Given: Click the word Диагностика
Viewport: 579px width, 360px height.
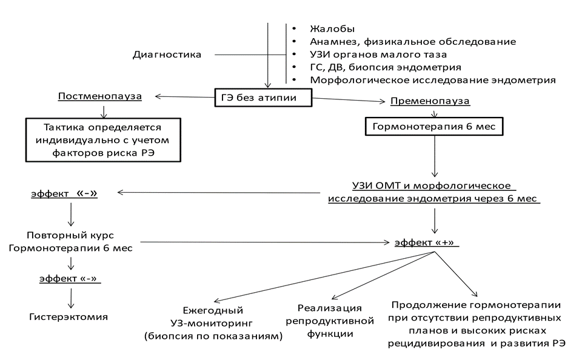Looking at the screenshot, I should tap(167, 55).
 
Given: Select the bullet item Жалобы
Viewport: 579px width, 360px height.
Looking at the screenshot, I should tap(332, 29).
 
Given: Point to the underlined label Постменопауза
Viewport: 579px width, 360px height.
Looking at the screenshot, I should tap(99, 96).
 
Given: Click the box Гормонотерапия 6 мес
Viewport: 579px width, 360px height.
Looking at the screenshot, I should tap(434, 127).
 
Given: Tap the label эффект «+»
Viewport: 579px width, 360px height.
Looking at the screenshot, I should tap(426, 242).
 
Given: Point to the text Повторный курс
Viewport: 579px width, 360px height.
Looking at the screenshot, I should tap(71, 235).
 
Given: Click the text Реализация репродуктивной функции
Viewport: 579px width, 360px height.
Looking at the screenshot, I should tap(329, 321).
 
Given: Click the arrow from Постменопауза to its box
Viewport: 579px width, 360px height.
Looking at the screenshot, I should tap(104, 111).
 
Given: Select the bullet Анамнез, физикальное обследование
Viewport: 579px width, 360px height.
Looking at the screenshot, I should tap(412, 42).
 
